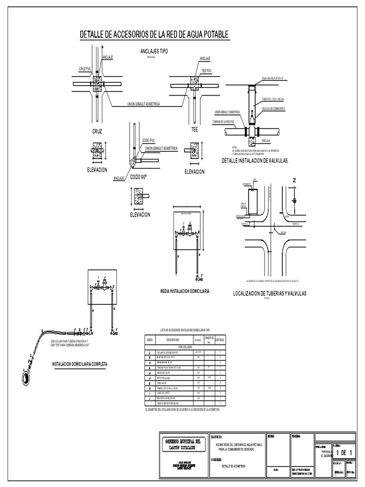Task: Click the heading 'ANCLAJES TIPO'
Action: pyautogui.click(x=154, y=51)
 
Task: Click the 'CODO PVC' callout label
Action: pyautogui.click(x=149, y=140)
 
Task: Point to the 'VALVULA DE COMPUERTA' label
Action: pyautogui.click(x=273, y=109)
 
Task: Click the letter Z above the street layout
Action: pyautogui.click(x=294, y=181)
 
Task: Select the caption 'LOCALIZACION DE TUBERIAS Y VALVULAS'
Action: pyautogui.click(x=269, y=293)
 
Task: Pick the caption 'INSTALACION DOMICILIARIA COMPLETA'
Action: pyautogui.click(x=80, y=364)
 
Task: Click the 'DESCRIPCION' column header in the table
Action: pyautogui.click(x=172, y=340)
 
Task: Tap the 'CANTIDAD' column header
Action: pyautogui.click(x=220, y=340)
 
